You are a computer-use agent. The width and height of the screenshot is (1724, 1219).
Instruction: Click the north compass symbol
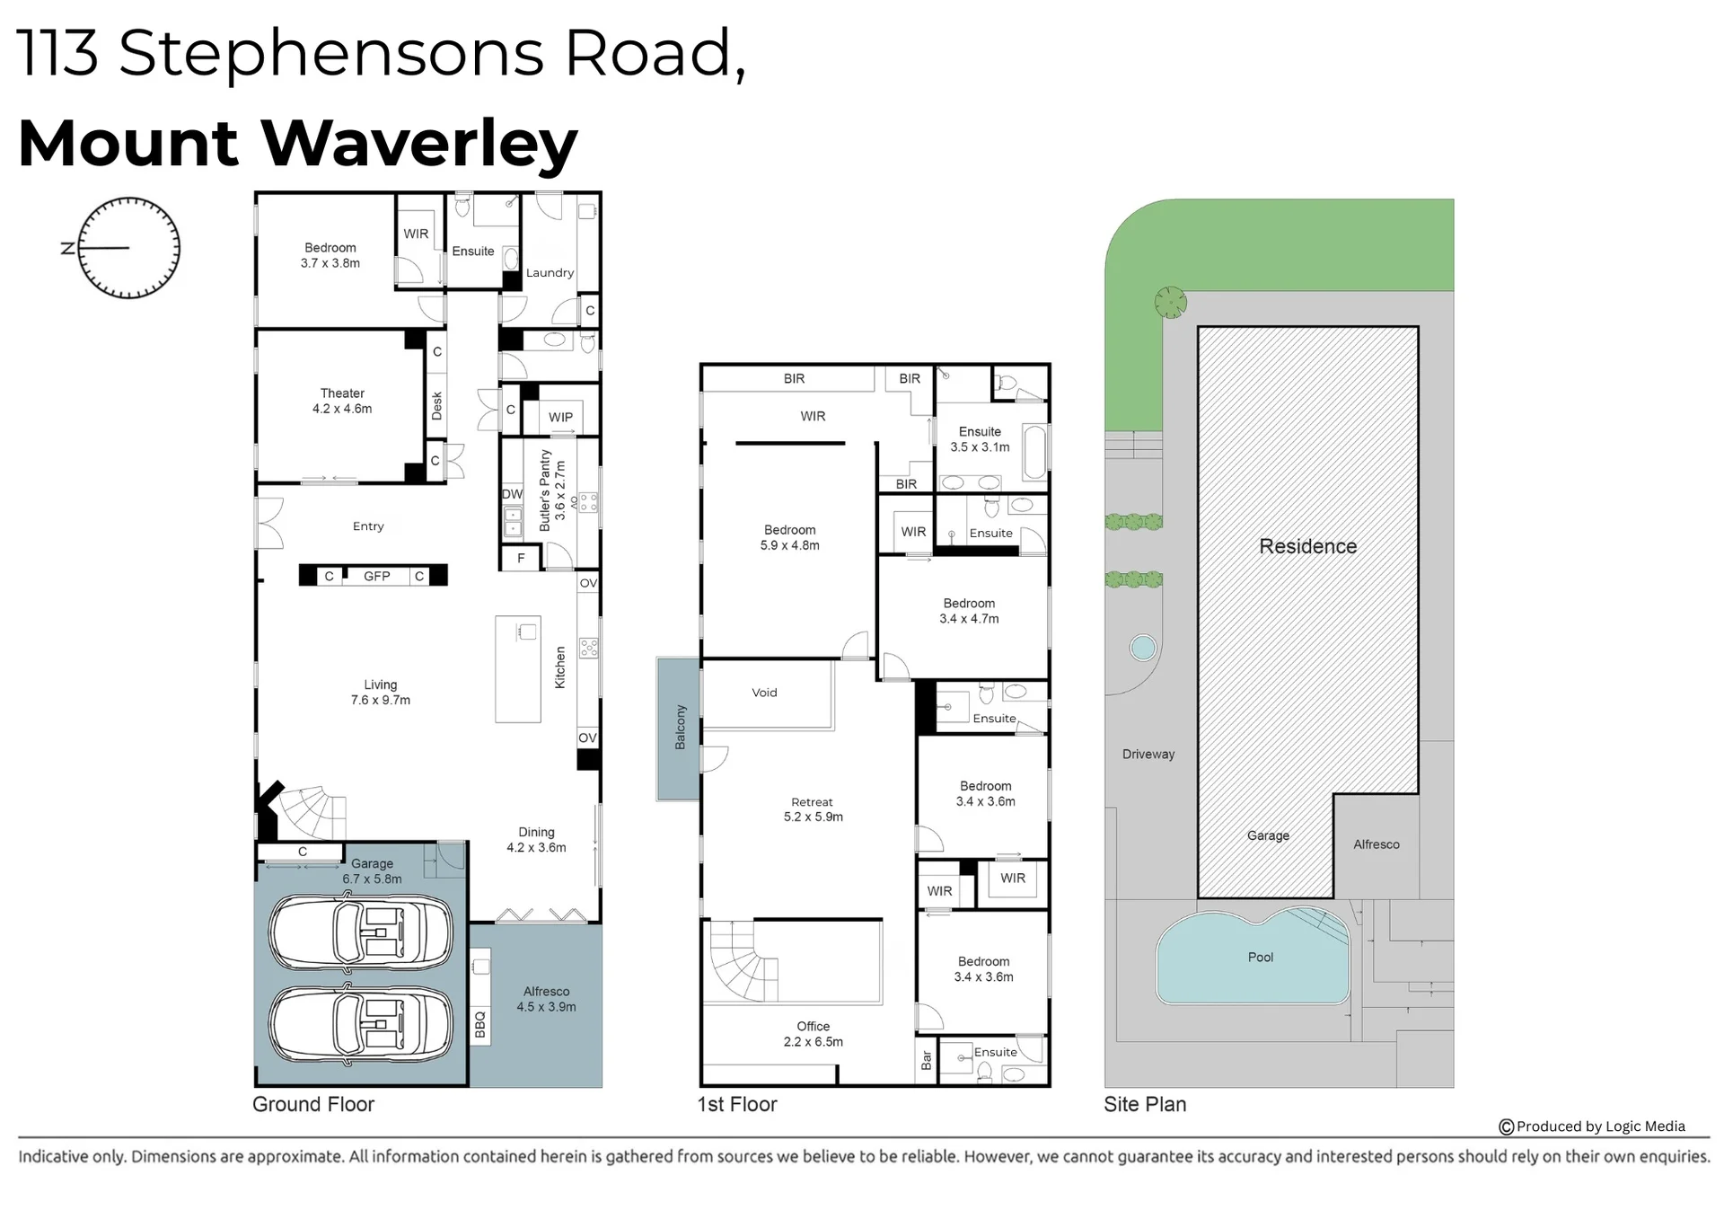coord(128,248)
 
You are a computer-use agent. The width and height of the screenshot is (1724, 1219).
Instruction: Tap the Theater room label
coord(342,401)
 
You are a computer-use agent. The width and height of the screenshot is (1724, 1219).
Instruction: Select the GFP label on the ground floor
coord(377,576)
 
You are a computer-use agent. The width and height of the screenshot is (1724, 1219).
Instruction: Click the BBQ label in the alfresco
coord(480,1024)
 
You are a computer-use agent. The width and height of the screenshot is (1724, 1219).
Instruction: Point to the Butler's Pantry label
coord(552,490)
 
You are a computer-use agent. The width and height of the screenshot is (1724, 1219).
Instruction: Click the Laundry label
coord(550,272)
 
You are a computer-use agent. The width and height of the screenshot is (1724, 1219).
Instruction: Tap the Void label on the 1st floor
coord(764,693)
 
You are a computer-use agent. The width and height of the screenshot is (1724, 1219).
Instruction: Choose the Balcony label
coord(681,728)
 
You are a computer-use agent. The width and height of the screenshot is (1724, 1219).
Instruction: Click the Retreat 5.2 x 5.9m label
coord(813,809)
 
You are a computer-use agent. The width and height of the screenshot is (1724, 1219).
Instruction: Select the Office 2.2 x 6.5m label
coord(814,1034)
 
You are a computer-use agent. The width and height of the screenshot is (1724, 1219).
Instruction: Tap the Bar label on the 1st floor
coord(927,1061)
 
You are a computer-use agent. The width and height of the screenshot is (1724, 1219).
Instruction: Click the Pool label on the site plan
coord(1261,957)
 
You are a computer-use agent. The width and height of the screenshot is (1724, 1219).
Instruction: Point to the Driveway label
coord(1148,754)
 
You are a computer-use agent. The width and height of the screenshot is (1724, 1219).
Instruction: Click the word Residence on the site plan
coord(1308,546)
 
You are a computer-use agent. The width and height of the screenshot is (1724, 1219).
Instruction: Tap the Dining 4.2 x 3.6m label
coord(536,840)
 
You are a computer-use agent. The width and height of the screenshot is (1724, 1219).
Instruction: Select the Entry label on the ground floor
coord(368,526)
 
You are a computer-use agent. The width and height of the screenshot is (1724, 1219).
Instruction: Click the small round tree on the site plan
coord(1171,303)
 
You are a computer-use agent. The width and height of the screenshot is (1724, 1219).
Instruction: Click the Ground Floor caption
coord(313,1104)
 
